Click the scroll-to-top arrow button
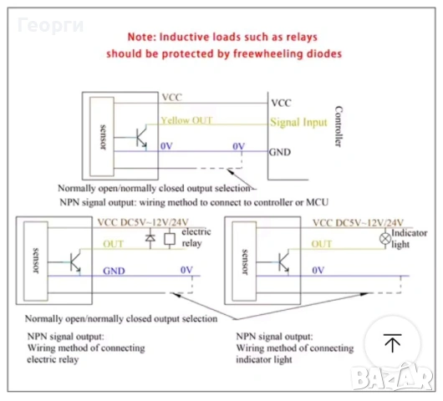[x=392, y=343]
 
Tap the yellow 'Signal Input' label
[x=298, y=122]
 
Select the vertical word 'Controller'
[x=339, y=126]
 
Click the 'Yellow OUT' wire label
[x=186, y=120]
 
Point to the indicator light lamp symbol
[x=385, y=239]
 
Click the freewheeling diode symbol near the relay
[x=150, y=238]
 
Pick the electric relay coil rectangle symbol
[x=170, y=239]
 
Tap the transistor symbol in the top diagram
[x=141, y=138]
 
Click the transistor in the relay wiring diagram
[x=75, y=262]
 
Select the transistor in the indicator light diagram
[x=283, y=262]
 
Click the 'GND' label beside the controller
[x=280, y=152]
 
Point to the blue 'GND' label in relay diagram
[x=114, y=271]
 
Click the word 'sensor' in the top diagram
[x=103, y=137]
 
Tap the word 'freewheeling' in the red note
[x=267, y=53]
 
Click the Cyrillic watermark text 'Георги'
[x=51, y=25]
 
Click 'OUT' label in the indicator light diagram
[x=322, y=244]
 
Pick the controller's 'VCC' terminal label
[x=281, y=103]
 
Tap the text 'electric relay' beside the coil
[x=196, y=237]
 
